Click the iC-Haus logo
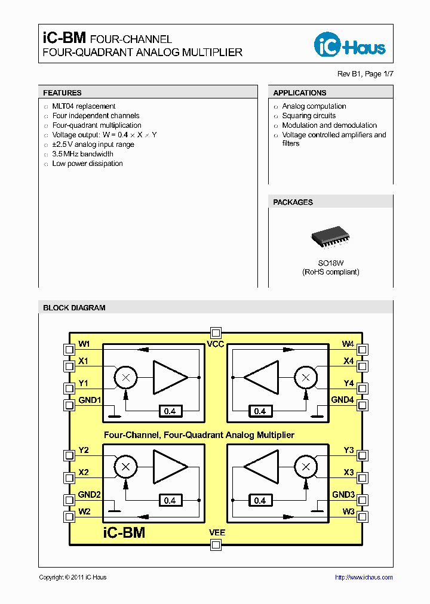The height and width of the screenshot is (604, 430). click(350, 45)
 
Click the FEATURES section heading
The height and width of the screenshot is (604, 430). click(62, 93)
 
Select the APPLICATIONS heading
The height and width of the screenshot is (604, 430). click(299, 93)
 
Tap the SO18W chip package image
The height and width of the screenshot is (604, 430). click(330, 237)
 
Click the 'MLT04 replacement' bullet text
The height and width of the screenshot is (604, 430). click(84, 106)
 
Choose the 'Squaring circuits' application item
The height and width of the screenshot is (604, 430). click(309, 116)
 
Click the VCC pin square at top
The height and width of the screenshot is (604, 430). click(216, 333)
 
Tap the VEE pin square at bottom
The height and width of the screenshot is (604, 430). click(216, 544)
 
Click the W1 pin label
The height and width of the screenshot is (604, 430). click(84, 344)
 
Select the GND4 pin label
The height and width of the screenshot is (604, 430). click(343, 400)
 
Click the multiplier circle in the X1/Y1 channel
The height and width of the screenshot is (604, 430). click(125, 377)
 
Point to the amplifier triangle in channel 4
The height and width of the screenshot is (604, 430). click(261, 377)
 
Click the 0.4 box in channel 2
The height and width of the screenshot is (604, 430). click(170, 500)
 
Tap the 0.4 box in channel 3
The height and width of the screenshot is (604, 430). click(260, 500)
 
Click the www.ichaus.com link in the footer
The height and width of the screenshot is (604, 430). click(364, 577)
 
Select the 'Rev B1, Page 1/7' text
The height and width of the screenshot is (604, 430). click(365, 74)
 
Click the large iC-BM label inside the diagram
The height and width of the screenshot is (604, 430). click(124, 532)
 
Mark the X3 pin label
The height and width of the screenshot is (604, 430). click(348, 472)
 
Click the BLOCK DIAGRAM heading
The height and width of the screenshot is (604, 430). click(74, 308)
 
